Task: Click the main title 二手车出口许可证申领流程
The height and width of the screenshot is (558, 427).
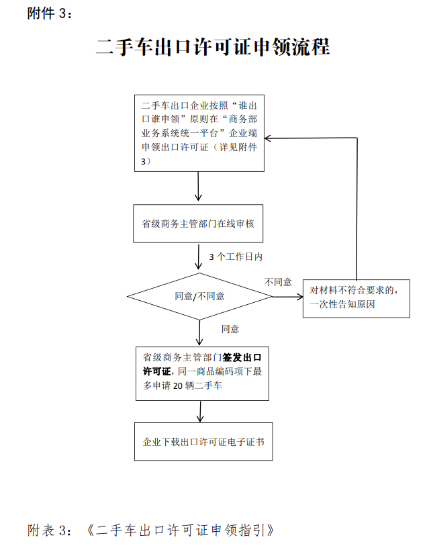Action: pos(213,46)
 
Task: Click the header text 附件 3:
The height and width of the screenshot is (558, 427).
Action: pos(50,13)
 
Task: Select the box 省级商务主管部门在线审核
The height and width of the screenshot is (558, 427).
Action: pos(198,224)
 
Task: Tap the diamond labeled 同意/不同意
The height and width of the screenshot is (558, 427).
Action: pos(199,296)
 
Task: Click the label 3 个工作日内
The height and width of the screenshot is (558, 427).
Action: pos(236,257)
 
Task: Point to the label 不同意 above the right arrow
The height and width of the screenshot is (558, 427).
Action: pos(278,282)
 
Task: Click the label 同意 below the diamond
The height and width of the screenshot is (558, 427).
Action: pos(230,329)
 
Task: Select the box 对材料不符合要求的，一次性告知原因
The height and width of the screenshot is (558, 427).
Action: pos(357,299)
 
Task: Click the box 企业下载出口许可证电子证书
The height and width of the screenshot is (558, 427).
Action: pos(203,442)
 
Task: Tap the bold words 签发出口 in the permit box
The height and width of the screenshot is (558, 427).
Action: pos(242,357)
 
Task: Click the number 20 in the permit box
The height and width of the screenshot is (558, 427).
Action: pos(177,385)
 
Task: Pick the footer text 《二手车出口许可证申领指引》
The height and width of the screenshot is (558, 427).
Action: pos(181,530)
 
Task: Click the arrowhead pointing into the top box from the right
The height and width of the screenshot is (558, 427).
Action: pos(268,138)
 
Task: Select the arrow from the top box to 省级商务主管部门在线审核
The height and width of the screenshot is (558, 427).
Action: pos(198,187)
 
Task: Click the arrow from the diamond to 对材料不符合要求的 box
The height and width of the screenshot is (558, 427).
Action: pos(287,297)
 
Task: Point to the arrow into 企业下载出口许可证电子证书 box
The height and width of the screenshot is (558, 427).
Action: pos(200,412)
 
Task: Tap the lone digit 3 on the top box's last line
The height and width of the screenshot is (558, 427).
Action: pos(144,162)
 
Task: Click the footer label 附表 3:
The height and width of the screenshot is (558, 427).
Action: pos(50,530)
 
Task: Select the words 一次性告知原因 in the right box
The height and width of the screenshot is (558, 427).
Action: pos(342,305)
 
